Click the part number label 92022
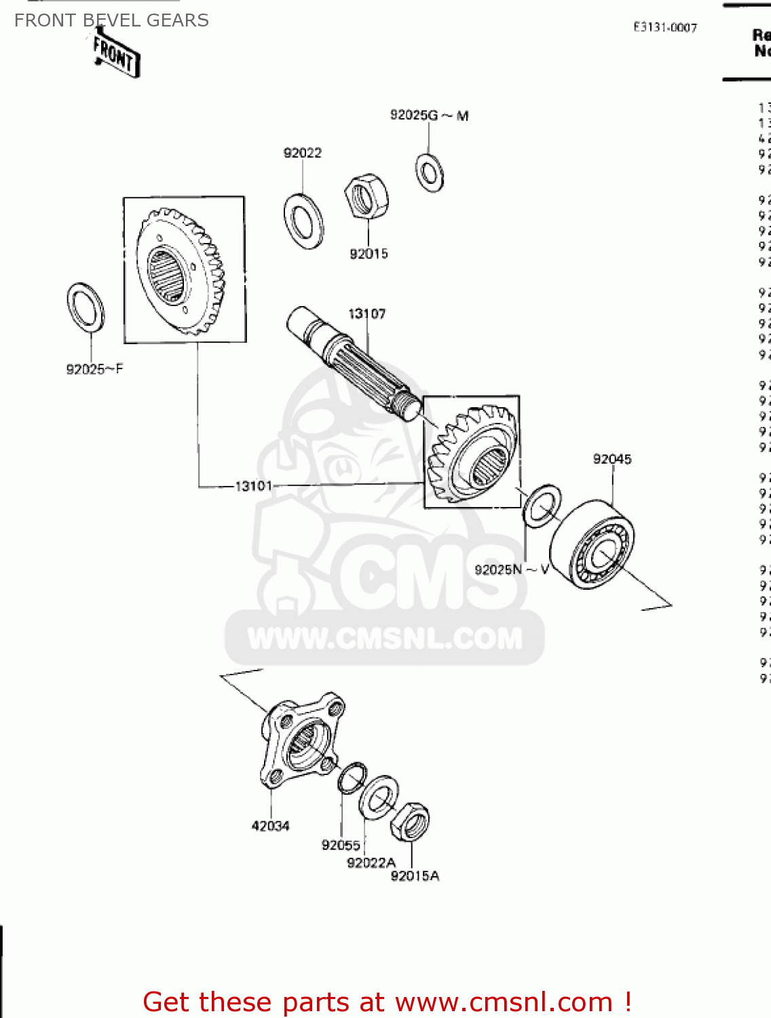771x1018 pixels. point(302,153)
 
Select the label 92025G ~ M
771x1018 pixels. point(429,115)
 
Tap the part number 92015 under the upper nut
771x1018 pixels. point(369,254)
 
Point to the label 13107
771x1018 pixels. point(366,314)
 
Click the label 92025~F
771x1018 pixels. point(94,369)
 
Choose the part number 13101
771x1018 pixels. point(253,486)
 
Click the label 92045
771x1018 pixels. point(612,459)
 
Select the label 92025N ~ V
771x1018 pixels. point(512,569)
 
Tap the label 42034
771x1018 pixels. point(270,826)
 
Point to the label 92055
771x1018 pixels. point(341,845)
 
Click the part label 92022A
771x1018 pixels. point(371,863)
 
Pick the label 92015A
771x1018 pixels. point(415,876)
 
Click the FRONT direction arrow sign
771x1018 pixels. point(116,55)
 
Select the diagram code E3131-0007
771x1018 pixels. point(665,27)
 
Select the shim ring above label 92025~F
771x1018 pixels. point(86,307)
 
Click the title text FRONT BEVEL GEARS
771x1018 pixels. point(111,20)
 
